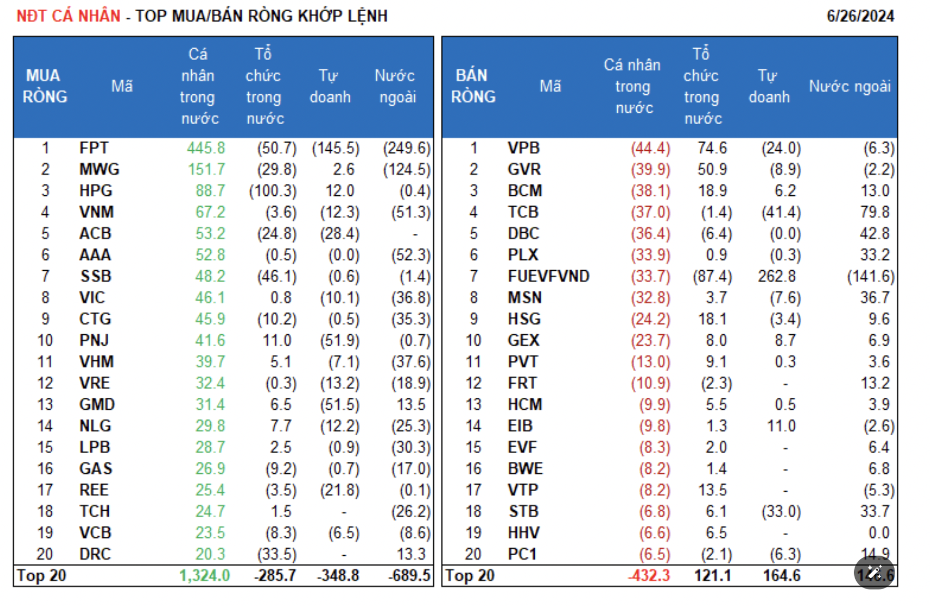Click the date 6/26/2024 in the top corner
[x=860, y=16]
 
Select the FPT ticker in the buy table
[x=94, y=148]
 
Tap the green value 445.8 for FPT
[x=206, y=148]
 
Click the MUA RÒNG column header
[x=45, y=86]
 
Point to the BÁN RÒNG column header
[x=473, y=86]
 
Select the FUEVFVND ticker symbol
[x=548, y=276]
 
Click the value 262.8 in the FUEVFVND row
[x=777, y=276]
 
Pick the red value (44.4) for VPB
[x=650, y=148]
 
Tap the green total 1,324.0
[x=205, y=576]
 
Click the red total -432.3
[x=649, y=576]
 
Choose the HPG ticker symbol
[x=96, y=191]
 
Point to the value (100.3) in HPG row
[x=273, y=191]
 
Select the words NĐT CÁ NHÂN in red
[x=68, y=16]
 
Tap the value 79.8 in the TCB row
[x=875, y=212]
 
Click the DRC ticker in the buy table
[x=95, y=554]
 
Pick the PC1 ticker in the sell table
[x=522, y=554]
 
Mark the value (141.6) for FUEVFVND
[x=871, y=276]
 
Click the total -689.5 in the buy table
[x=409, y=576]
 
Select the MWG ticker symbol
[x=99, y=169]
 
